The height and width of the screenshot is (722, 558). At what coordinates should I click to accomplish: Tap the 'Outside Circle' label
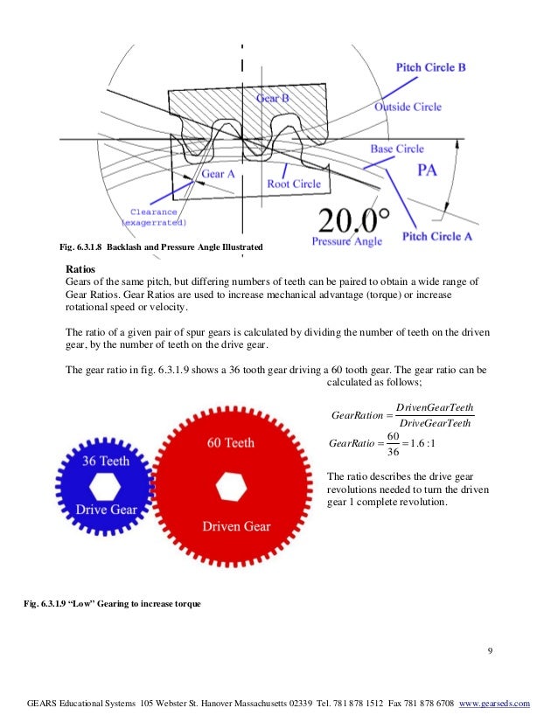pos(408,107)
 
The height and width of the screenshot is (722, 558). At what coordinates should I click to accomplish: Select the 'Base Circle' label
pos(396,149)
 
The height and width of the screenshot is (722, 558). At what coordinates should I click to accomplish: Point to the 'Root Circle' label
pos(294,184)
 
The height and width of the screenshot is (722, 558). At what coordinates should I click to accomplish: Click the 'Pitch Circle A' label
pos(438,236)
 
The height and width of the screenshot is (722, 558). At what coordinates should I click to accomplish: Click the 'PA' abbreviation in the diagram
pos(426,170)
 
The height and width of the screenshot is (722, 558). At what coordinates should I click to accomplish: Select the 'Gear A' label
pos(219,174)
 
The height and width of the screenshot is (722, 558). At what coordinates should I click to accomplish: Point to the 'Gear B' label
pos(273,99)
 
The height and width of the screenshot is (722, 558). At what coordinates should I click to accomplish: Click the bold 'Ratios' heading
pos(80,268)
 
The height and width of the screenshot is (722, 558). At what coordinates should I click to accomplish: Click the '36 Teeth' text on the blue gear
pos(106,460)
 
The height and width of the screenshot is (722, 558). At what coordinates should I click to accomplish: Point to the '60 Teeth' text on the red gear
pos(231,443)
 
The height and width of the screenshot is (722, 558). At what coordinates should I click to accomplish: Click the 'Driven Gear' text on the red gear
pos(236,526)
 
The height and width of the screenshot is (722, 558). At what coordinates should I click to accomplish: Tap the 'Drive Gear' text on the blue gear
pos(104,509)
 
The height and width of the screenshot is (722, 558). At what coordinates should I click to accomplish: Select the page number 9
pos(491,649)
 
